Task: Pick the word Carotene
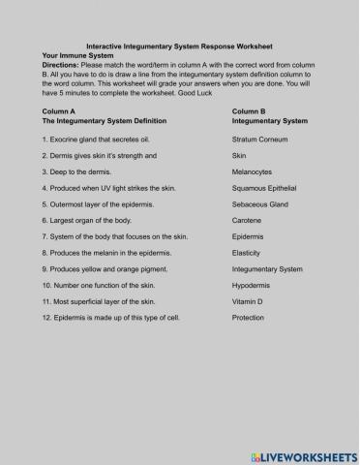(250, 220)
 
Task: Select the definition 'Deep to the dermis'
(79, 171)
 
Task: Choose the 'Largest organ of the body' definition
(90, 220)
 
